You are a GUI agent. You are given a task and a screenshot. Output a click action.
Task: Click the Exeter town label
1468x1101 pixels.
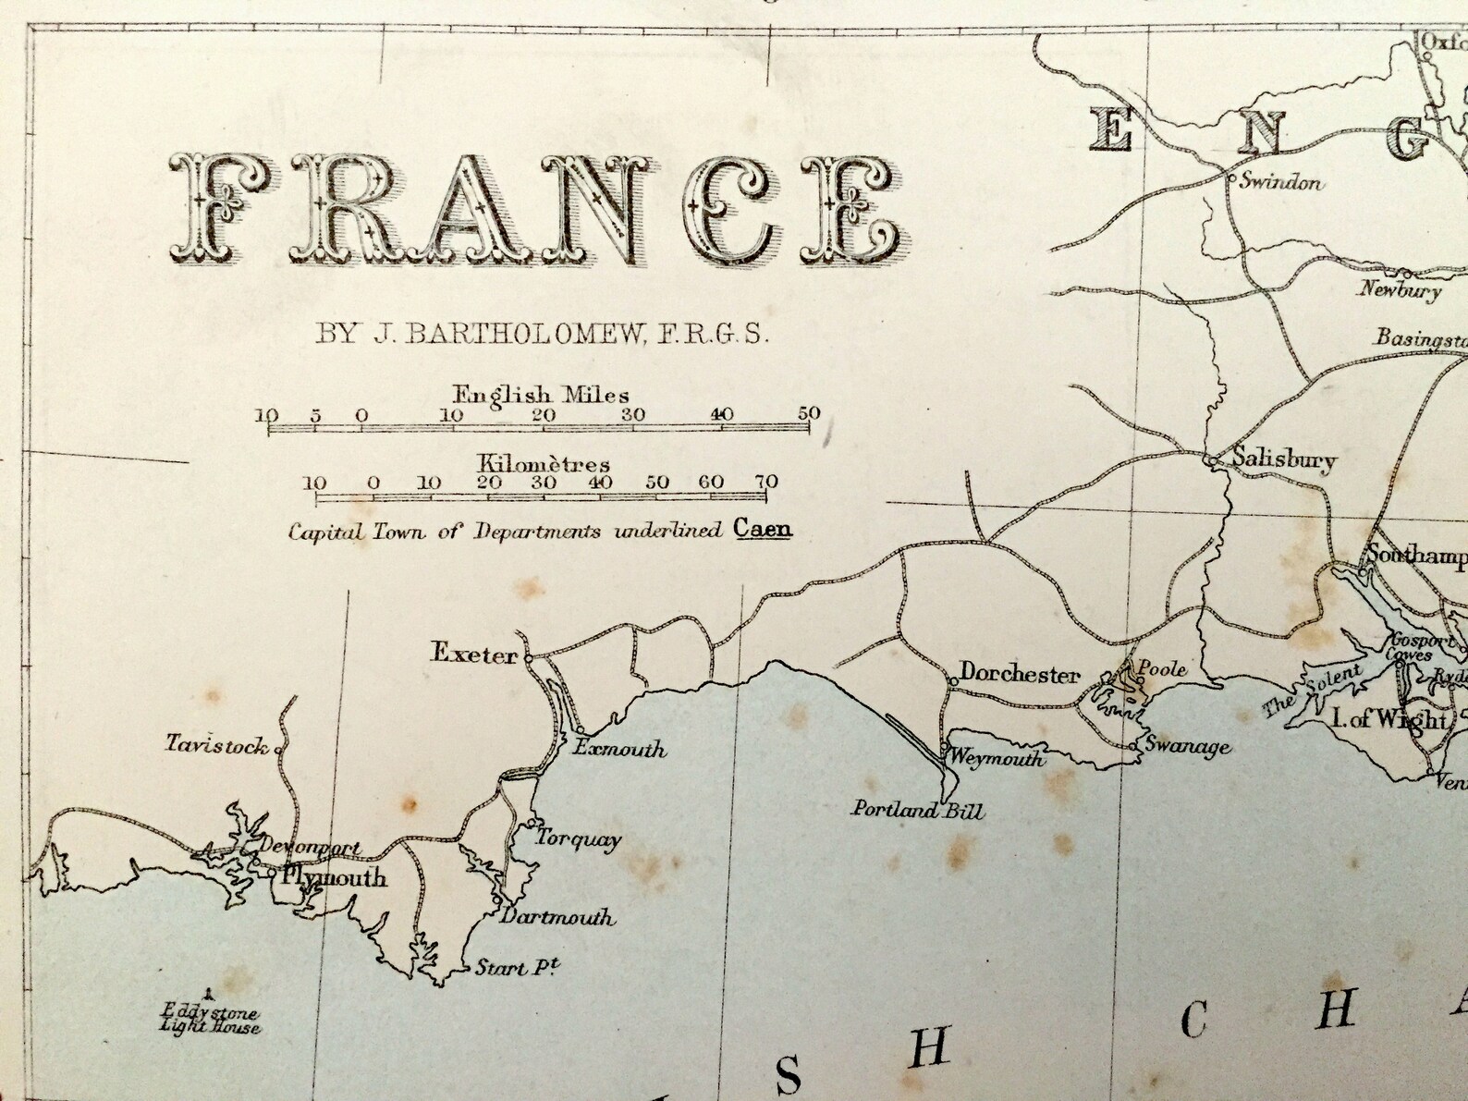coord(474,654)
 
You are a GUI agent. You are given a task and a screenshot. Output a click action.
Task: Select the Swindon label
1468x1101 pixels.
coord(1280,182)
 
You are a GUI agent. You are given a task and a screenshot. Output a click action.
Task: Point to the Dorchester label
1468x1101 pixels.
coord(1019,674)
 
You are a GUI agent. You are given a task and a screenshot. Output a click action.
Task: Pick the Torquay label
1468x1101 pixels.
coord(579,839)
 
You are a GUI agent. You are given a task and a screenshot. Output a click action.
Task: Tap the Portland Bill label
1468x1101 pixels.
coord(918,812)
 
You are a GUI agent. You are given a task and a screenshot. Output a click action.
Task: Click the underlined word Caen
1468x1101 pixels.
coord(763,530)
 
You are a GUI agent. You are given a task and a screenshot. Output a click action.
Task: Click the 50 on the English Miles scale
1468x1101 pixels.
coord(809,413)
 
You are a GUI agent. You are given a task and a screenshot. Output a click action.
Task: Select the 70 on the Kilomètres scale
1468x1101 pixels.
coord(765,482)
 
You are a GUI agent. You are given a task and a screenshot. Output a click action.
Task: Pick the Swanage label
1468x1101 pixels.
coord(1187,746)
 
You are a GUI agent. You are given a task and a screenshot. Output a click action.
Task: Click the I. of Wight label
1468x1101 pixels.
coord(1388,718)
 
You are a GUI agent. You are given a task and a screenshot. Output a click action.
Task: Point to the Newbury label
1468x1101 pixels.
coord(1400,290)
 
